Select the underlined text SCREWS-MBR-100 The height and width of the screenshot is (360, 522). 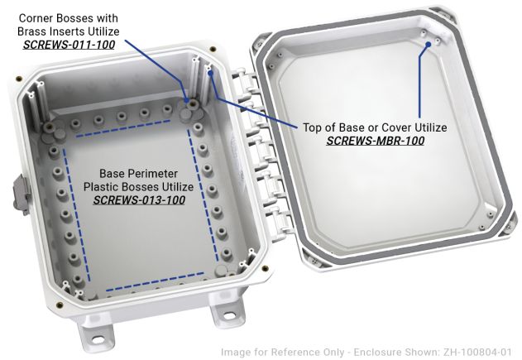pyautogui.click(x=376, y=141)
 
